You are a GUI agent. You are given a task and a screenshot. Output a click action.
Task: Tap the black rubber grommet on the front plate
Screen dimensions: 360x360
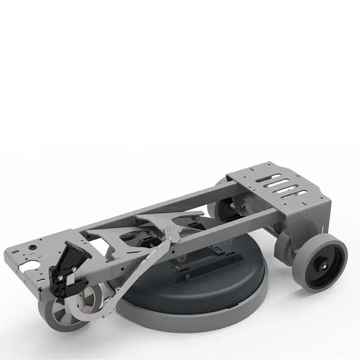click(33, 248)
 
